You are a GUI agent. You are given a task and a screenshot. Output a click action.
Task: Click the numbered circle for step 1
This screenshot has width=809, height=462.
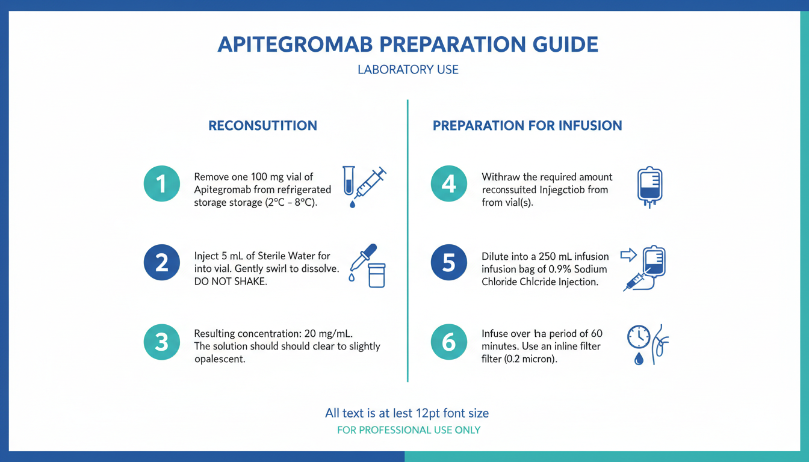click(x=162, y=183)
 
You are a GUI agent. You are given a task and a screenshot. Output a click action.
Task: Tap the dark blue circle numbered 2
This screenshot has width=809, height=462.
click(x=162, y=262)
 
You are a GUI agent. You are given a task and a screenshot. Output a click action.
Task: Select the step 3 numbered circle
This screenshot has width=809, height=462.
click(x=162, y=342)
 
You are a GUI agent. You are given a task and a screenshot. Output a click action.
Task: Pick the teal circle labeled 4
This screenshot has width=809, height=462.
click(x=449, y=183)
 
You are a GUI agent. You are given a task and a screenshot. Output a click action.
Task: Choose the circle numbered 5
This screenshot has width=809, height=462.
click(x=449, y=262)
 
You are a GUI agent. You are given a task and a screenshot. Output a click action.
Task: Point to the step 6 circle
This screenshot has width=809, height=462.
click(x=449, y=342)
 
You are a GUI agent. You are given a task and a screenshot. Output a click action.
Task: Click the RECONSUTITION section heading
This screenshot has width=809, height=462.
click(x=262, y=126)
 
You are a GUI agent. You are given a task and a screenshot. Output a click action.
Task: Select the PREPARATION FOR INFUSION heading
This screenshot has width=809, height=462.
click(x=527, y=126)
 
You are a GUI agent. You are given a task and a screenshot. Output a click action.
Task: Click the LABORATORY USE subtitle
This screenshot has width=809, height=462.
click(x=408, y=69)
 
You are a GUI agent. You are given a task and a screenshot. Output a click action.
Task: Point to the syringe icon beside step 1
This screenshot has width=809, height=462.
click(x=370, y=183)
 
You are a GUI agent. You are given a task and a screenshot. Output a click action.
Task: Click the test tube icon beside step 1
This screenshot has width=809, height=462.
click(x=349, y=180)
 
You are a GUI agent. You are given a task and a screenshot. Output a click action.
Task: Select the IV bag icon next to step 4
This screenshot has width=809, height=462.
click(x=649, y=186)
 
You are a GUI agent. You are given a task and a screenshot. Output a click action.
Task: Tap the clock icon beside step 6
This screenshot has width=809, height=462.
click(x=639, y=337)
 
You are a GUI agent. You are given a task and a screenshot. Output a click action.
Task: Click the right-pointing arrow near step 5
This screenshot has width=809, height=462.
click(x=628, y=255)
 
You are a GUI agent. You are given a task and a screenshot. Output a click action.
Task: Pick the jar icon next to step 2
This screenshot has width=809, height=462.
click(x=377, y=276)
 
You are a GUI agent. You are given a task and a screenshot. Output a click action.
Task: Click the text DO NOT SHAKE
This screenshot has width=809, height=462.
click(x=231, y=282)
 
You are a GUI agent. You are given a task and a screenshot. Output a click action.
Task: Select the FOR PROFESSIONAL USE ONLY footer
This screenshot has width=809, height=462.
click(x=409, y=430)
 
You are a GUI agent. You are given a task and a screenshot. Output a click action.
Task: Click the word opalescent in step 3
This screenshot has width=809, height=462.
click(x=220, y=360)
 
